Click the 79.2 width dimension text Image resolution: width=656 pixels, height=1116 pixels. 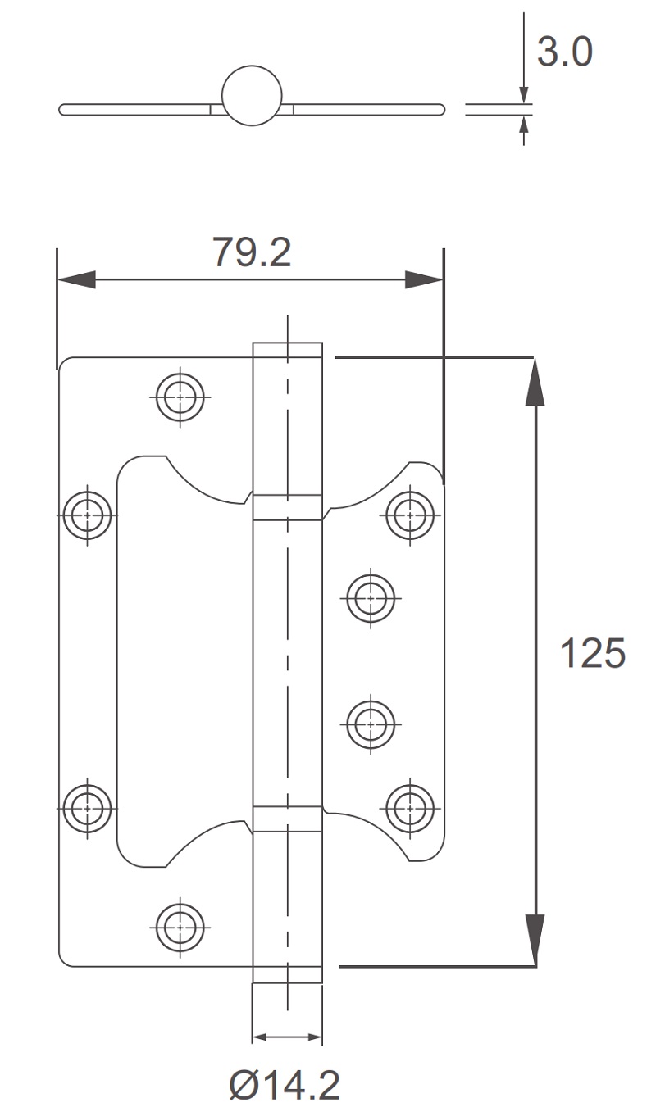[252, 252]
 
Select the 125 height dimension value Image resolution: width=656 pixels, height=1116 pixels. [592, 653]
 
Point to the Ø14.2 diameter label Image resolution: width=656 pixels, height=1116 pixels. [285, 1087]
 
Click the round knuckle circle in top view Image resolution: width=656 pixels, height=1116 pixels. [252, 95]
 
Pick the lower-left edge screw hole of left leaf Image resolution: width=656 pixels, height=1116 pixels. [88, 808]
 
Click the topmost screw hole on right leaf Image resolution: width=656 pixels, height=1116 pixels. [409, 515]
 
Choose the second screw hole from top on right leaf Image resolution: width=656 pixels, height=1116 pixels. [371, 598]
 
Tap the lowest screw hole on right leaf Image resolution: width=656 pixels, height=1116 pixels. [409, 808]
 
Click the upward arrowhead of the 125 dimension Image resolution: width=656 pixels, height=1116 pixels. [535, 380]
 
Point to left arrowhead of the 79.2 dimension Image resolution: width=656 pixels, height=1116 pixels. [75, 279]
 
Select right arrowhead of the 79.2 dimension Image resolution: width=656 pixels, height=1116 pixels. [425, 279]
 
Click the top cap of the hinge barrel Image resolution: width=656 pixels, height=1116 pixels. [287, 351]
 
